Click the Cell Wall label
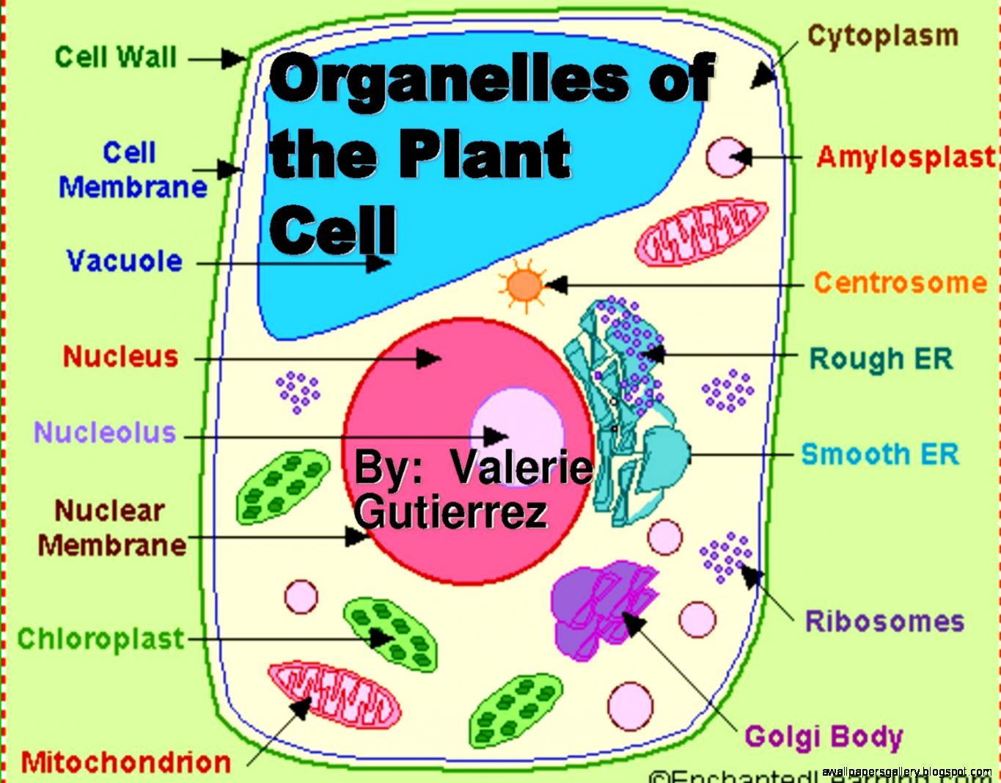pos(116,56)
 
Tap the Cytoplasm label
pos(882,35)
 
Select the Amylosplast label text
pos(906,157)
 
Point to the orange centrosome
pos(524,284)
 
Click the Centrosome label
pos(901,282)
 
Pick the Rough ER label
pos(881,359)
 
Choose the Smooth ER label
pos(880,454)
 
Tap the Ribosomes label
pos(884,621)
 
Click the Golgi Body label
pos(824,736)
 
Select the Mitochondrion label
pos(125,762)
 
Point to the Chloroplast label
pos(100,638)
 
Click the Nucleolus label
pos(105,432)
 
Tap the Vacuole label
pos(124,261)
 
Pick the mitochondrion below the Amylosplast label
pos(701,232)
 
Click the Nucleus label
pos(121,356)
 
